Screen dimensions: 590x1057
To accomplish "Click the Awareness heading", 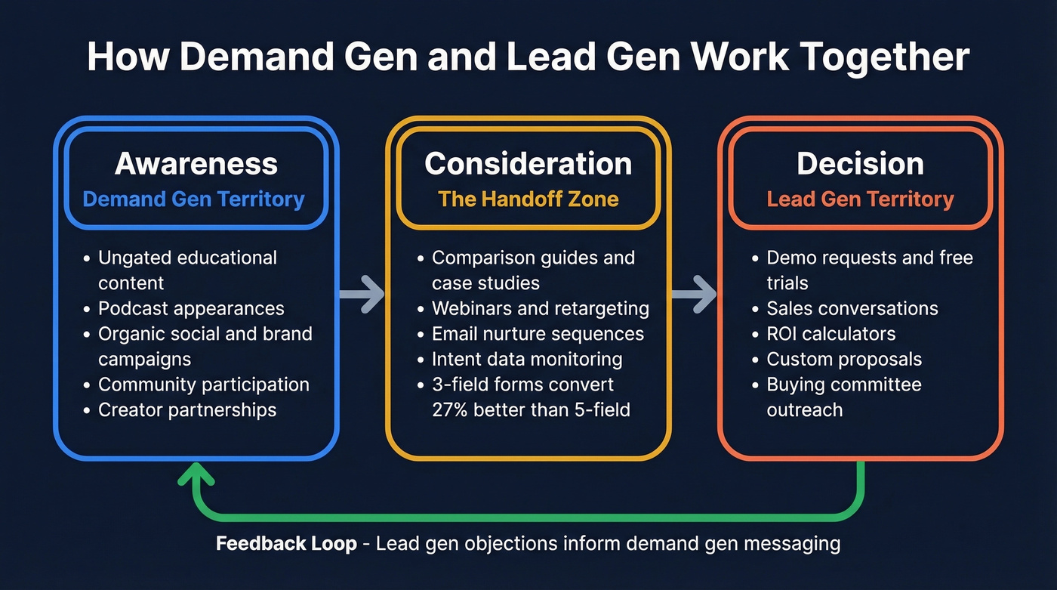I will (196, 164).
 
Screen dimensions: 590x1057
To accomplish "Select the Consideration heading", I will (528, 164).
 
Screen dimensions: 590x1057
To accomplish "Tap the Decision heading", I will (860, 164).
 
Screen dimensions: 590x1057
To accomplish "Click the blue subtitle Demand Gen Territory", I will (193, 199).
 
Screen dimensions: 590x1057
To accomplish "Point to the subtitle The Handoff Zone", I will (528, 199).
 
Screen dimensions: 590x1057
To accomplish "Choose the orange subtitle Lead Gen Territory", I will (860, 199).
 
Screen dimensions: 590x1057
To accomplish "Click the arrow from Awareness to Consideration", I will (362, 294).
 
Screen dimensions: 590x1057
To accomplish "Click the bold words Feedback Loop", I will (286, 544).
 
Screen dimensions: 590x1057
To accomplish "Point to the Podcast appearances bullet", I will (191, 308).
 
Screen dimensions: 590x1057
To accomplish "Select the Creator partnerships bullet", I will (187, 410).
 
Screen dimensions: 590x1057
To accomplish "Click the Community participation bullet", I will (203, 385).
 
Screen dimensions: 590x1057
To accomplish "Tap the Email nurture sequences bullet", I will (538, 334).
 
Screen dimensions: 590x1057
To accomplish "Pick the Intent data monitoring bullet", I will (527, 360).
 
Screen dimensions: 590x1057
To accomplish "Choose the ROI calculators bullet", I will (830, 334).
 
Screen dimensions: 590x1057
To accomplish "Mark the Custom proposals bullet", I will (844, 360).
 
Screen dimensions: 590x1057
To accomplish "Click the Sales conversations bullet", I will (852, 308).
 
